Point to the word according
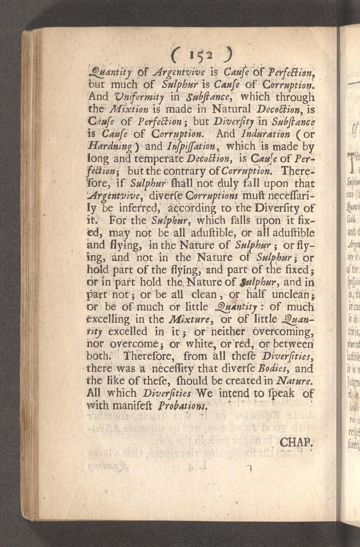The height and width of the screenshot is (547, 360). (191, 208)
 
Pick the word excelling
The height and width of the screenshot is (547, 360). (111, 319)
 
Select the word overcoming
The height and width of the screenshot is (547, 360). (283, 331)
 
